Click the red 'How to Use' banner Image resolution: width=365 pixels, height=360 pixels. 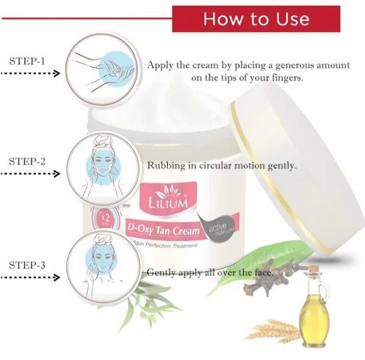pyautogui.click(x=255, y=18)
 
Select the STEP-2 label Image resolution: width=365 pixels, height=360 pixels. pyautogui.click(x=28, y=160)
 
